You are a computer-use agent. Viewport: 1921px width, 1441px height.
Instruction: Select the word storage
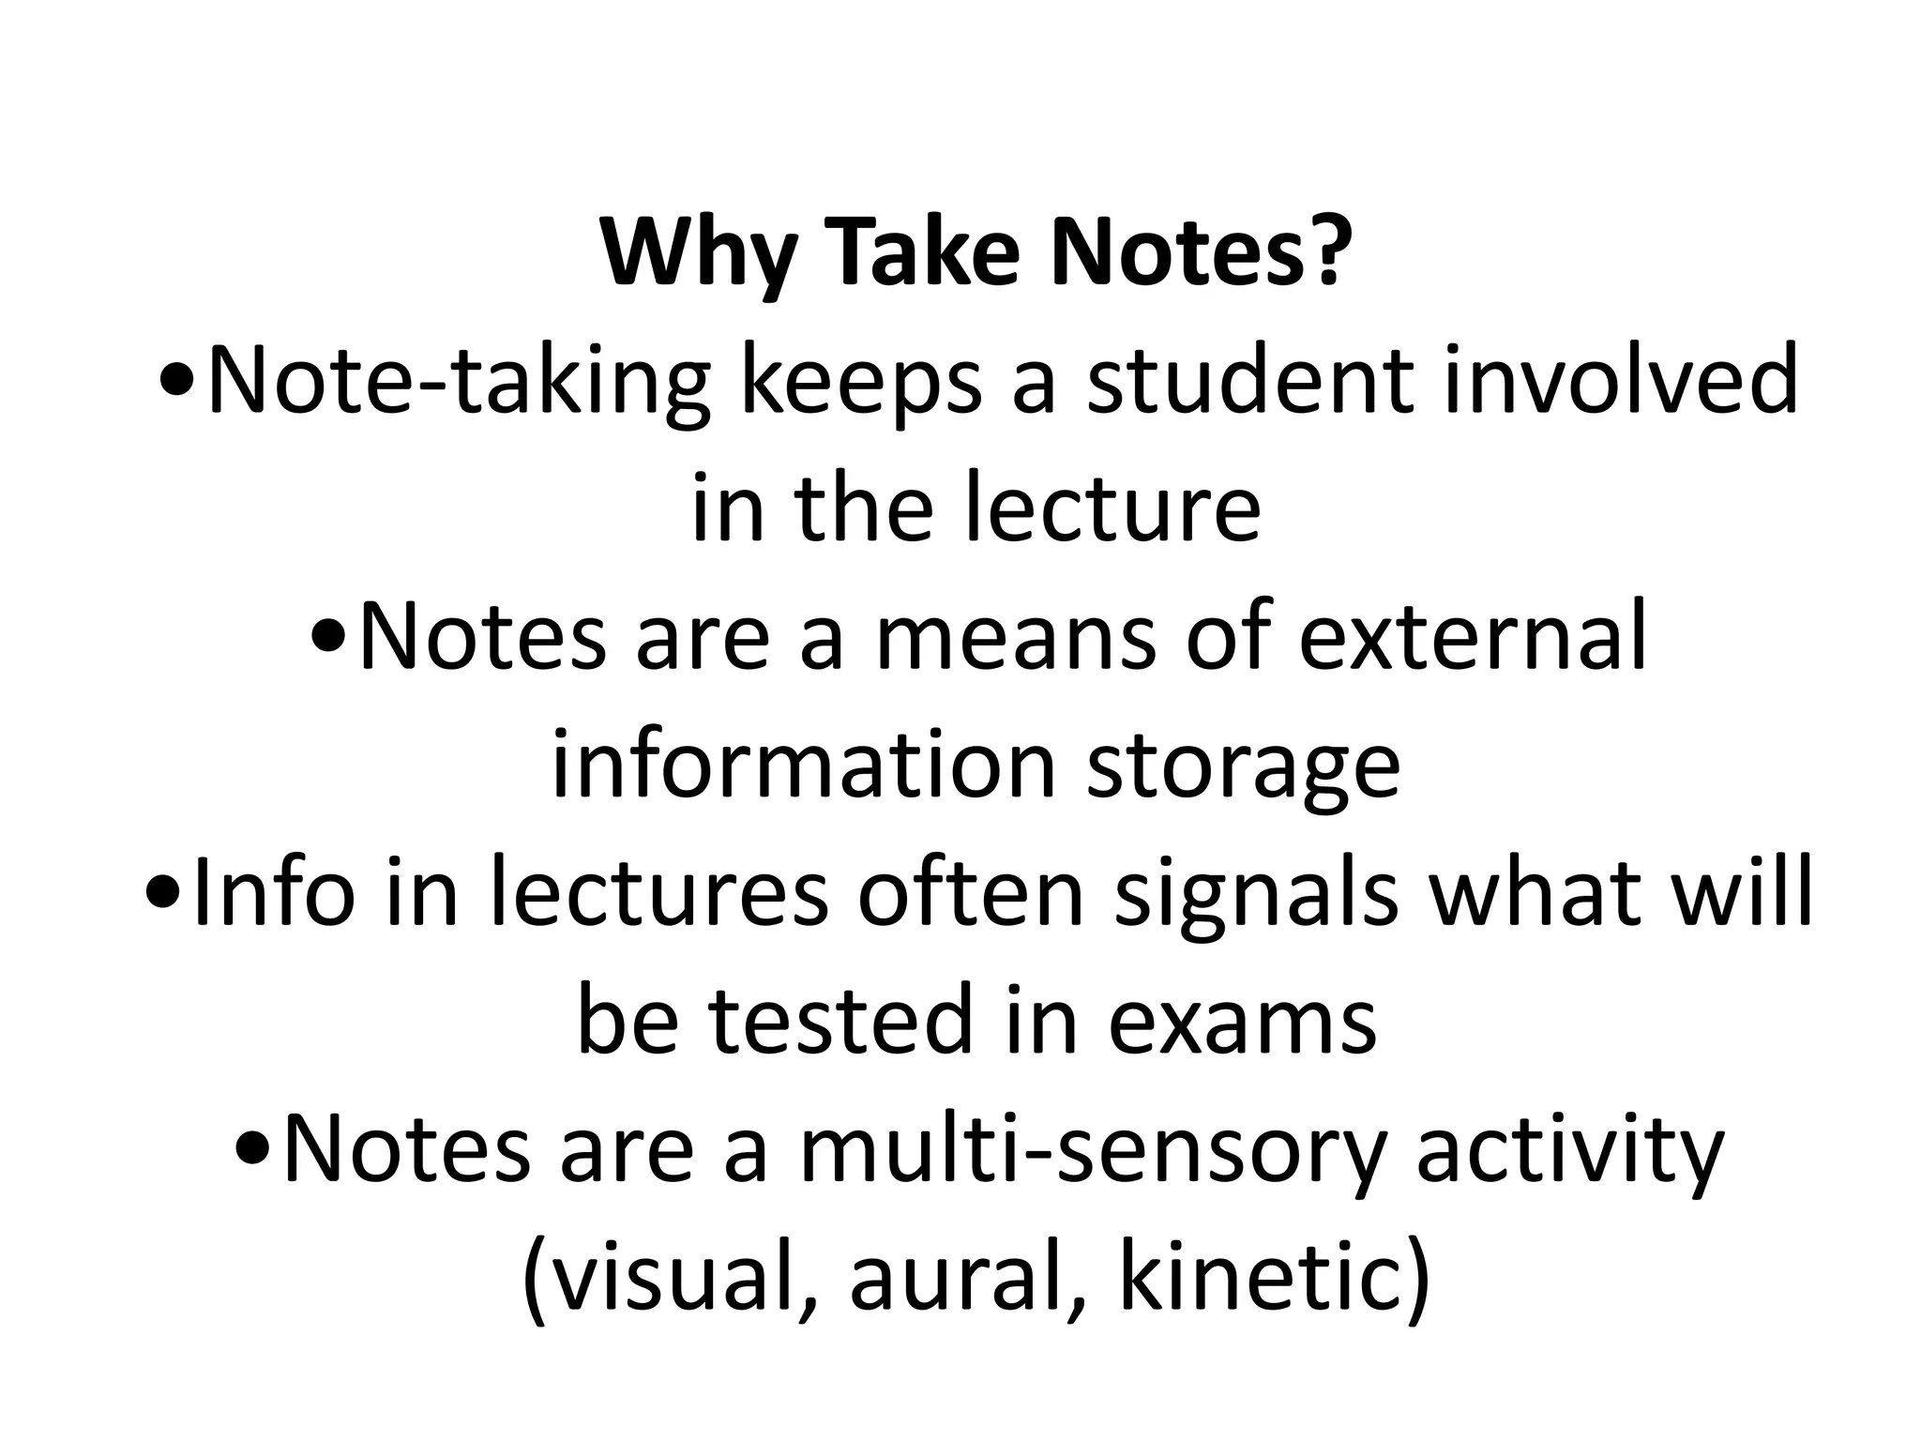pyautogui.click(x=1244, y=767)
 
